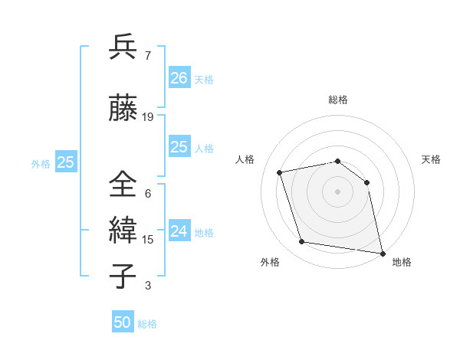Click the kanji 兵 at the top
pos(123,47)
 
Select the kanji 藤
pos(123,109)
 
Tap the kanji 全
pos(123,185)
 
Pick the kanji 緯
pos(123,231)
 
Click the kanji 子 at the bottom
pos(123,277)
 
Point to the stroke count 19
pos(148,117)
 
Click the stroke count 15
pos(148,240)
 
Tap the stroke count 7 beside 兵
pos(147,56)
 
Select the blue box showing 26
pos(179,77)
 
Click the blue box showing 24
pos(179,231)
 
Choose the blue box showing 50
pos(123,322)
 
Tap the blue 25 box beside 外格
pos(65,162)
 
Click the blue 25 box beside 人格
pos(179,147)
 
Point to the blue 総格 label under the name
pos(147,324)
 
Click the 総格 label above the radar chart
pos(337,100)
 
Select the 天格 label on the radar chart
pos(431,159)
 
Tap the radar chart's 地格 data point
pos(381,252)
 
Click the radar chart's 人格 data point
pos(280,172)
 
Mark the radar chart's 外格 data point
pos(302,242)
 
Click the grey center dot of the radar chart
pos(337,191)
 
